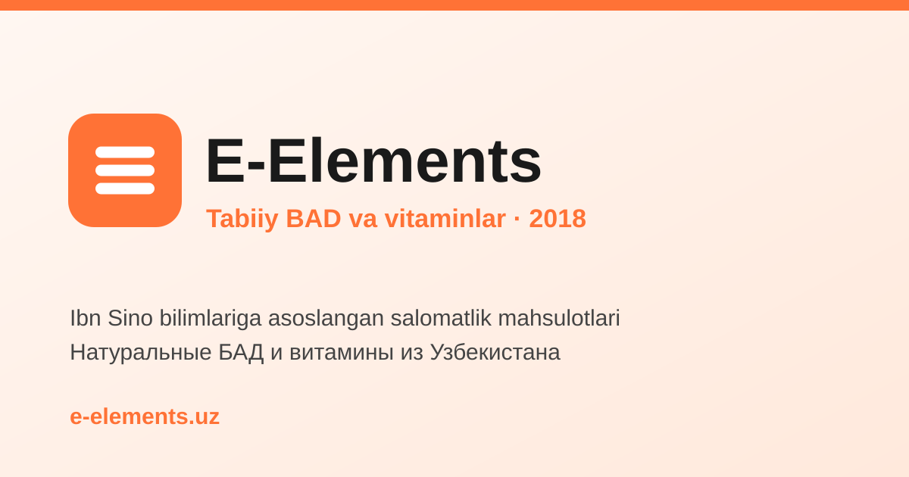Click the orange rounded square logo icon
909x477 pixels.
click(x=125, y=170)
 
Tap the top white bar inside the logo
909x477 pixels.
click(x=125, y=152)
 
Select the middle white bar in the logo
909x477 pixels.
click(x=125, y=170)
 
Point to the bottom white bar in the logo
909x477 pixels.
click(x=125, y=189)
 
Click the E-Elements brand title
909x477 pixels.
click(x=373, y=161)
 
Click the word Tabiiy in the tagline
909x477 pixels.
click(x=242, y=219)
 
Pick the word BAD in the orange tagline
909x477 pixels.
click(x=314, y=219)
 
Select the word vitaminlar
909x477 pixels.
click(x=445, y=219)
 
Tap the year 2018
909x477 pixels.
click(x=558, y=219)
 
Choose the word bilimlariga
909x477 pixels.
click(x=211, y=319)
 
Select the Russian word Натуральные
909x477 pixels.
click(x=140, y=353)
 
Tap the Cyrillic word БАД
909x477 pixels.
click(x=241, y=353)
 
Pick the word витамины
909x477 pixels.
click(x=342, y=352)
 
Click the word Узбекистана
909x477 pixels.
click(x=495, y=352)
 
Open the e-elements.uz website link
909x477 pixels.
click(x=145, y=416)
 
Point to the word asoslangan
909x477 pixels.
click(x=326, y=319)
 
